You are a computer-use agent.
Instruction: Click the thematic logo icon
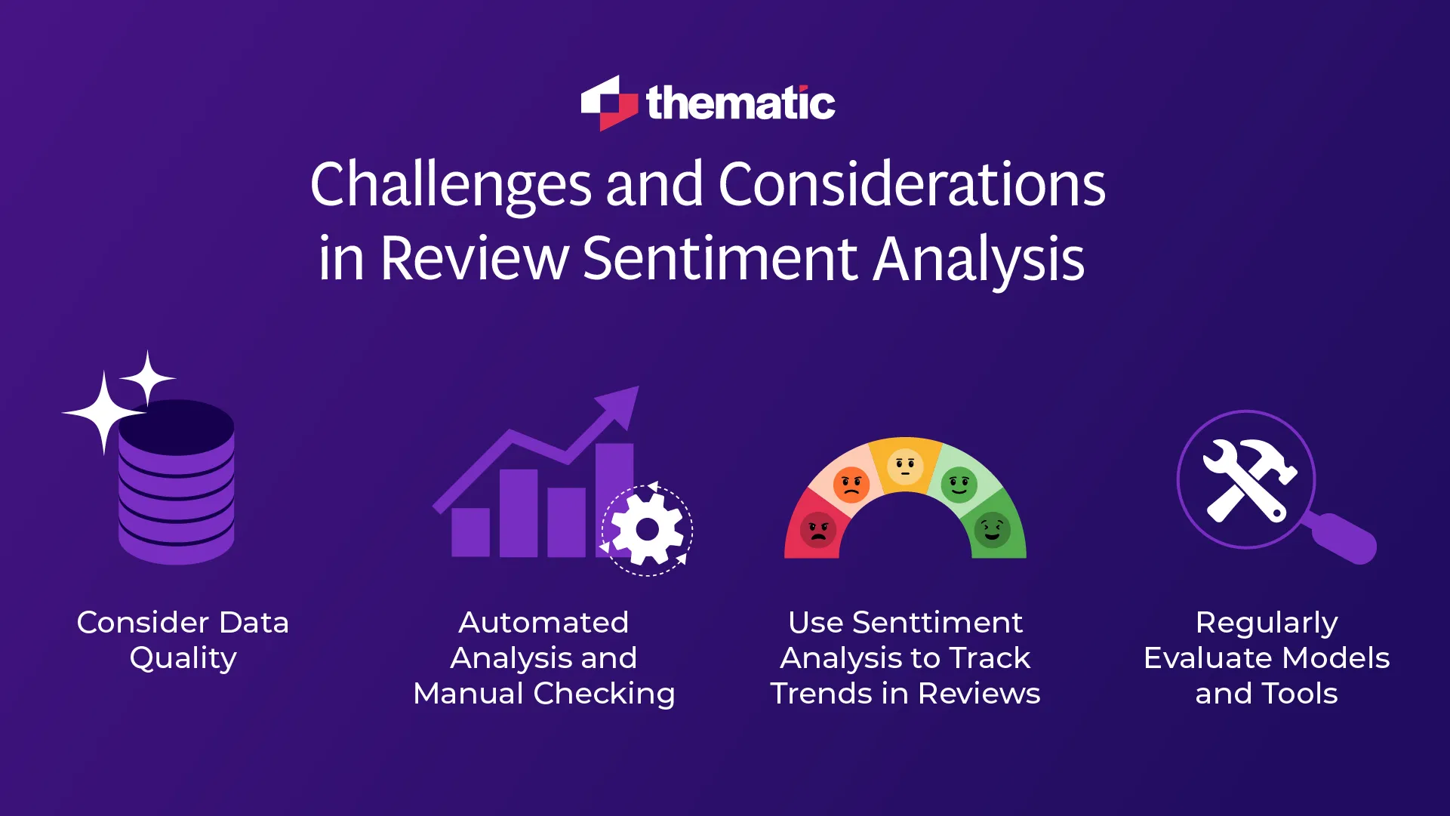608,103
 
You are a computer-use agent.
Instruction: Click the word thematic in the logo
740,103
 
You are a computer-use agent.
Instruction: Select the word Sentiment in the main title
720,259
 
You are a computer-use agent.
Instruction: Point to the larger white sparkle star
103,412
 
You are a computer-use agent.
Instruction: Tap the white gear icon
647,529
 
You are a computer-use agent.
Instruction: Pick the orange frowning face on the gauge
851,484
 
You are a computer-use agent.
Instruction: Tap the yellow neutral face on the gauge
904,466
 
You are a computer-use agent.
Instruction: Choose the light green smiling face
959,484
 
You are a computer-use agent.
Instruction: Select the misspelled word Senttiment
937,623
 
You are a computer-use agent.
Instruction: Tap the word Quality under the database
183,658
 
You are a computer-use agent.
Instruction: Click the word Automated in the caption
543,623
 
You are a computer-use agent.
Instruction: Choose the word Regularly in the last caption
1267,623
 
